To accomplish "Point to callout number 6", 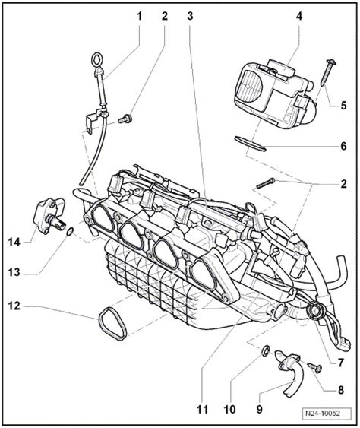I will [x=344, y=145].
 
